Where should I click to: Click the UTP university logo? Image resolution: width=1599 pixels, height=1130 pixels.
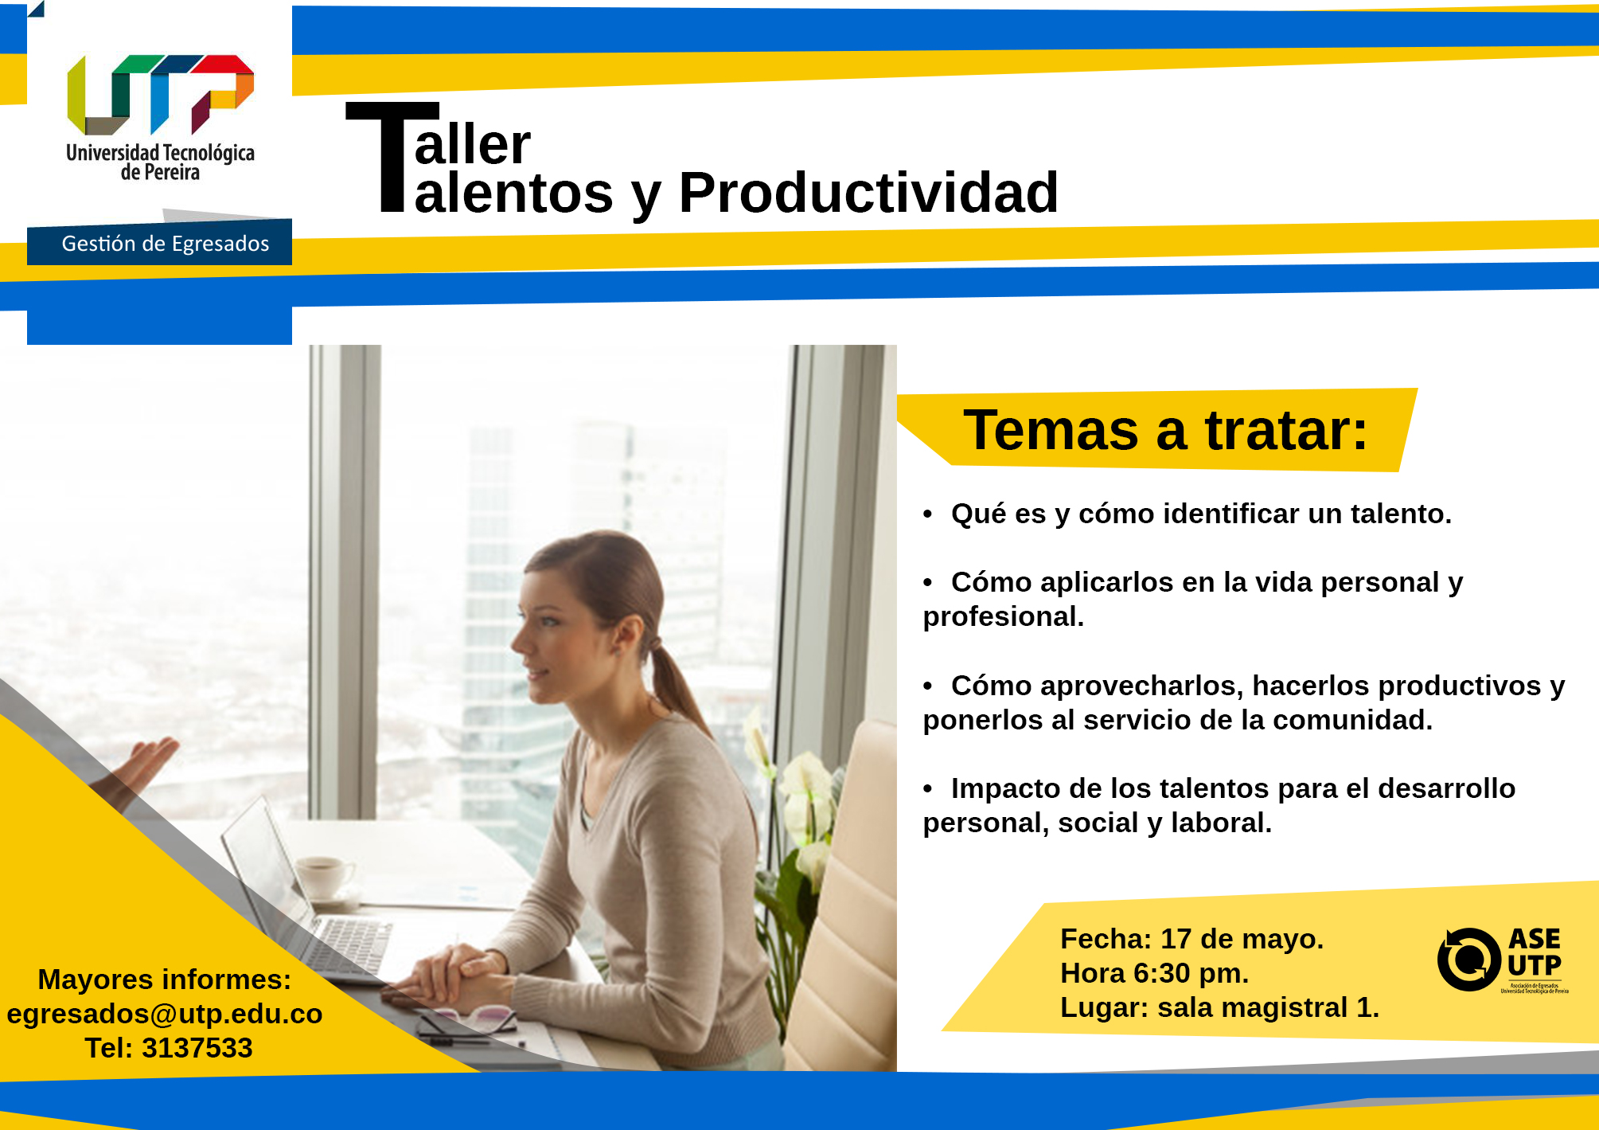(160, 118)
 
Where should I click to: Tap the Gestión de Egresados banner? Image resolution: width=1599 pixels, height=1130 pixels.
(159, 242)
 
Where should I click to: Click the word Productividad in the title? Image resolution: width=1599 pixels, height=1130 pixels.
(868, 193)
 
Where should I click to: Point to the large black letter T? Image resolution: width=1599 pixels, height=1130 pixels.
(392, 157)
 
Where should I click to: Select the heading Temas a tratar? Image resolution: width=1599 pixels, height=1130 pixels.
(1165, 430)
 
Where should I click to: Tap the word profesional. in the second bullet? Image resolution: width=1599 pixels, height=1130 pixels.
(1003, 617)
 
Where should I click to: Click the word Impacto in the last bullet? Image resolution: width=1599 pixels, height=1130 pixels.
(1005, 789)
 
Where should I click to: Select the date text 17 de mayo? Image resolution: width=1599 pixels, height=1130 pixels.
(1242, 939)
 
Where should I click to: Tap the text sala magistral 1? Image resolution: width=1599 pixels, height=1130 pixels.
(1268, 1007)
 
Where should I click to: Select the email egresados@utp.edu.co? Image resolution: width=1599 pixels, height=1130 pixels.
(165, 1014)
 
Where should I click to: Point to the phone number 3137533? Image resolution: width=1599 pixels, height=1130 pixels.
(197, 1048)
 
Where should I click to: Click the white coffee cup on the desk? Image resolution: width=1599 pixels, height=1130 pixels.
(322, 876)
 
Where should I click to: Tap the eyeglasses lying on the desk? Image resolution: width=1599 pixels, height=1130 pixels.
(470, 1020)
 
